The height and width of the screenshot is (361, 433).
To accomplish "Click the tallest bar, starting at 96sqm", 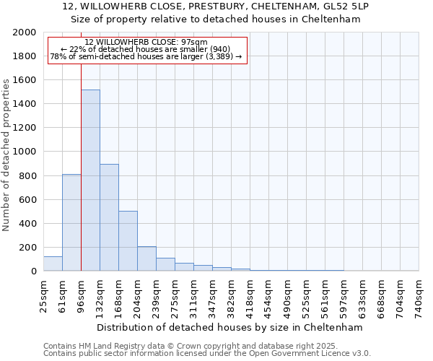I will [x=90, y=180].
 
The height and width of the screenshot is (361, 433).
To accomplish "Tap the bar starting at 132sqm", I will [x=109, y=217].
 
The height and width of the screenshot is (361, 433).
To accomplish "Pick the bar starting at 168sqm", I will [x=128, y=241].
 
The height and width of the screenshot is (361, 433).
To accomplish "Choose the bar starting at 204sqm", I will [x=146, y=258].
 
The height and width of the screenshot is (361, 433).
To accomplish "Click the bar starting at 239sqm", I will [x=165, y=264].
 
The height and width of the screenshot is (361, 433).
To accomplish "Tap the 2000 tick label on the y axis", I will [x=25, y=32].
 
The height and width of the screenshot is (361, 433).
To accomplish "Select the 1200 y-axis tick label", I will [x=25, y=128].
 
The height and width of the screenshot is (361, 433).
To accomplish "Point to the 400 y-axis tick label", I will [x=27, y=224].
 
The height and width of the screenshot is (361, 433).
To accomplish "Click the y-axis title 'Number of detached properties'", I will [x=6, y=152].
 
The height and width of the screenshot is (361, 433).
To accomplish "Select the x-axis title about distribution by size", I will [x=231, y=327].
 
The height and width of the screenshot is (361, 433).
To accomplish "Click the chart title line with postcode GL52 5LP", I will [x=216, y=6].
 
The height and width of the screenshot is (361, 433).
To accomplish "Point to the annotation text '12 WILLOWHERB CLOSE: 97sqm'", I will [x=146, y=43].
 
